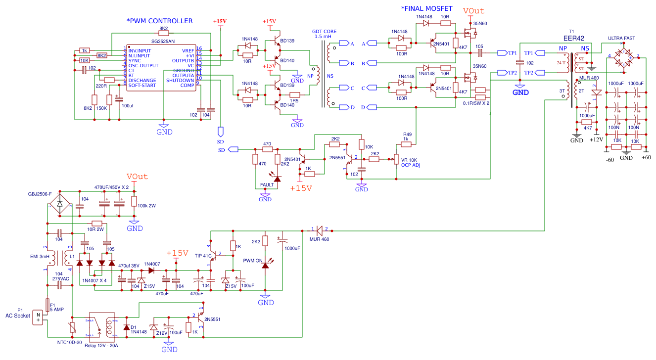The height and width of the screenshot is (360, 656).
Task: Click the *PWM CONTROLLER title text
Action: pos(159,21)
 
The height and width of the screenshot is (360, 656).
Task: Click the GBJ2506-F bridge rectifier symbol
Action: pos(60,203)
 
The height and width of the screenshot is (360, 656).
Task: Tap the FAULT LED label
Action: pos(267,185)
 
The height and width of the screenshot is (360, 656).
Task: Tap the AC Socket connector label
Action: pos(18,315)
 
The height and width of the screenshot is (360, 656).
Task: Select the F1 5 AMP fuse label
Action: pos(56,307)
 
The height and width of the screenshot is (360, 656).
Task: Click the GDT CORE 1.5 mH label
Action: pos(324,34)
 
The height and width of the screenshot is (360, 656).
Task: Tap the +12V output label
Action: pos(598,140)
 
